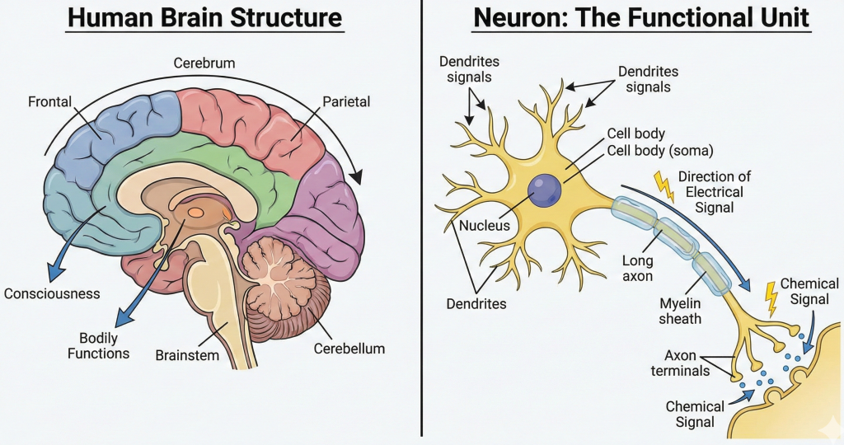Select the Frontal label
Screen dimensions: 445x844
(x=50, y=102)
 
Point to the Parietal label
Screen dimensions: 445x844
(x=347, y=102)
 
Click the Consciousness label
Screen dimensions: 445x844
(x=52, y=293)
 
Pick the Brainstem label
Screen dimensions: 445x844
(x=187, y=355)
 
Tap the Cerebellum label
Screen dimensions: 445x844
(x=349, y=349)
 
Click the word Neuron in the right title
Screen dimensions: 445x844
(x=513, y=19)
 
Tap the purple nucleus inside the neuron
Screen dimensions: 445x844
(x=544, y=191)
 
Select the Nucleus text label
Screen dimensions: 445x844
(x=485, y=225)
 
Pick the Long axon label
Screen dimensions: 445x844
(x=637, y=269)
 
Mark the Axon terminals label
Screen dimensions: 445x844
(x=687, y=363)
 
